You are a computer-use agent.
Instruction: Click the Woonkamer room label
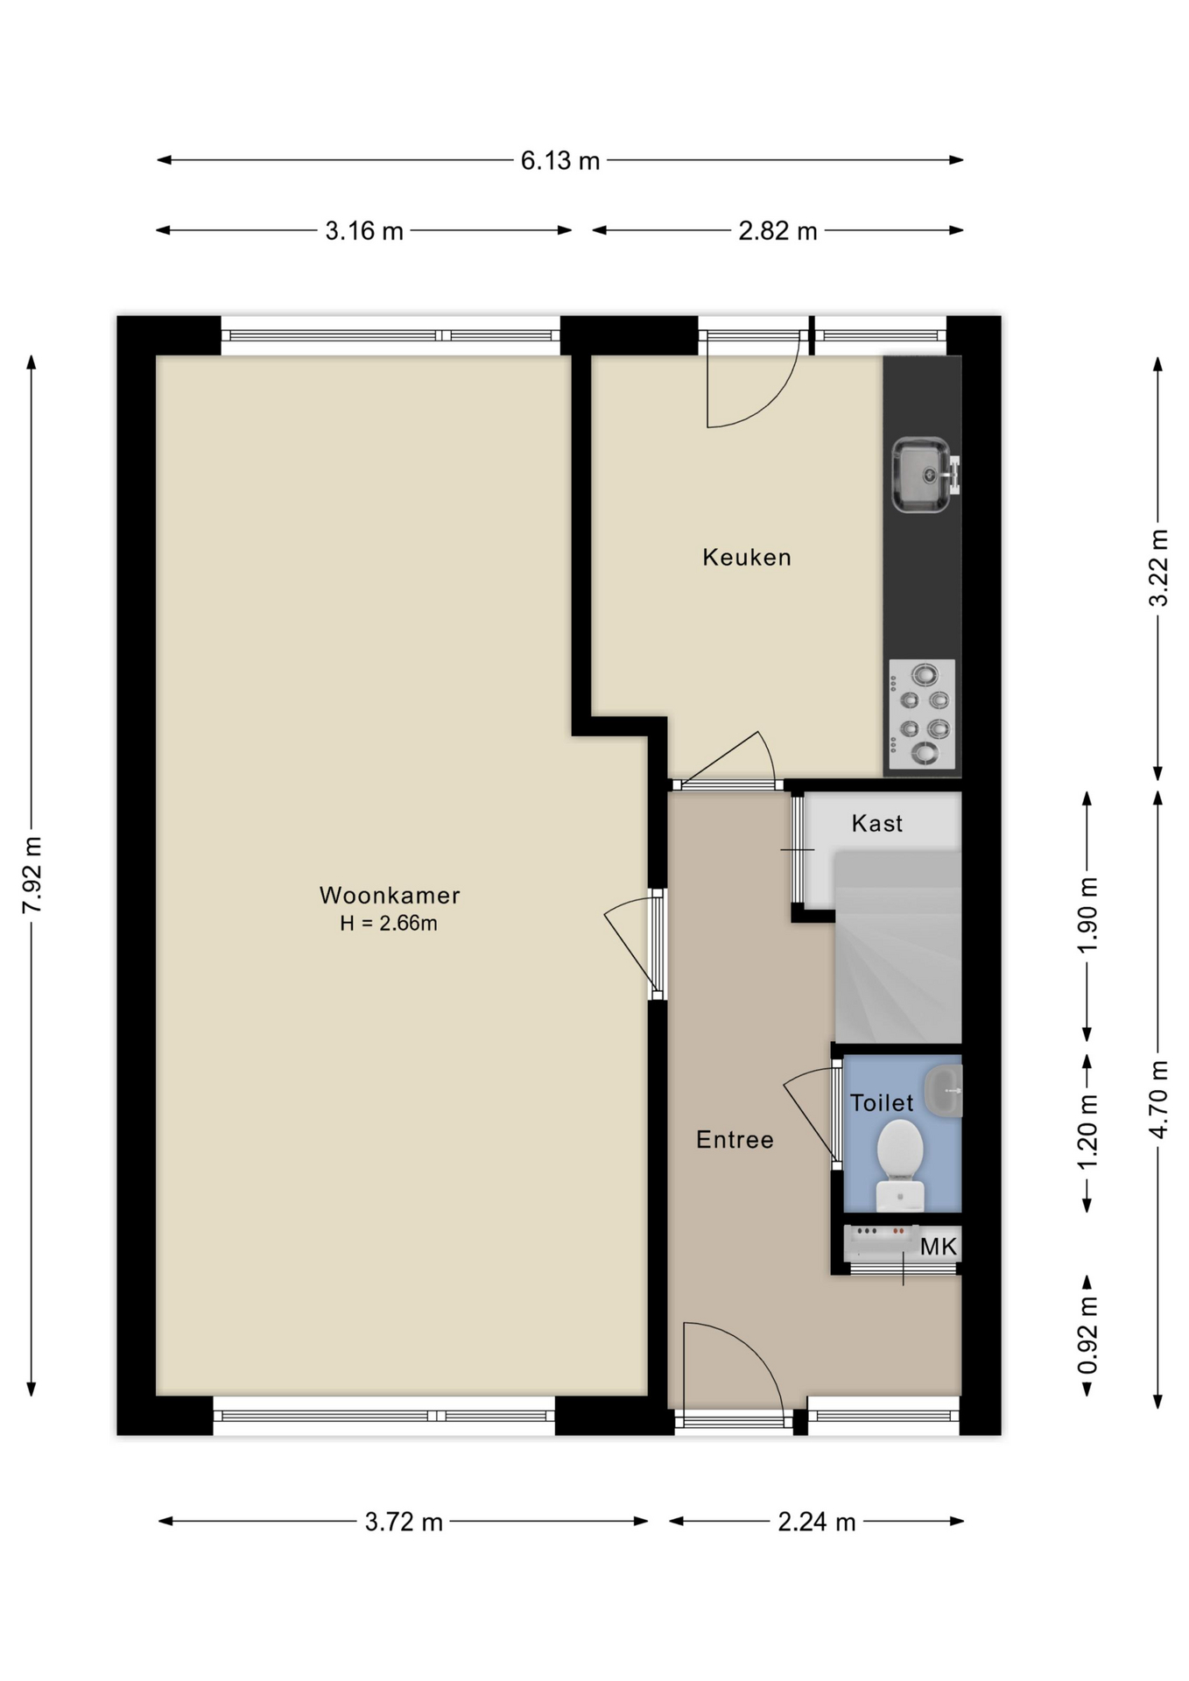pos(390,895)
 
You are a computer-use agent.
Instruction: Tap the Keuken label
pos(747,557)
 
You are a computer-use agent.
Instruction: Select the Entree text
pos(735,1139)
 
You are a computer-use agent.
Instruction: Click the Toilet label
pos(882,1102)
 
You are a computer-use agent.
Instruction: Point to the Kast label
pos(876,823)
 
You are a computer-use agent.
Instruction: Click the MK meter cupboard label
pos(939,1246)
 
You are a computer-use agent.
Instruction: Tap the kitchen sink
pos(925,475)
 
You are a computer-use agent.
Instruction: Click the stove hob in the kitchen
pos(922,714)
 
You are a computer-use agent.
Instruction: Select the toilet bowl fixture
pos(900,1165)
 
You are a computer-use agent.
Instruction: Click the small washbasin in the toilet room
pos(946,1091)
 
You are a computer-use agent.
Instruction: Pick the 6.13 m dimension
pos(560,160)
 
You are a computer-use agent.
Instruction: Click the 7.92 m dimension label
pos(32,875)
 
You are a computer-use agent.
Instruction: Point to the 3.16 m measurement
pos(364,231)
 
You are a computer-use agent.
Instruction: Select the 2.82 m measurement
pos(777,231)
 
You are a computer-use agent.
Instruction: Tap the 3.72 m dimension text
pos(404,1522)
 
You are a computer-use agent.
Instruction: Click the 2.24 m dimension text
pos(816,1522)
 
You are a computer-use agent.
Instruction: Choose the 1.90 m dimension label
pos(1087,915)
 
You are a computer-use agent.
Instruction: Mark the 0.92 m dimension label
pos(1087,1336)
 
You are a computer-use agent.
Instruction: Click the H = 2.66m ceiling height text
pos(389,923)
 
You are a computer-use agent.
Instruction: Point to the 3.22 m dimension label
pos(1158,567)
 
